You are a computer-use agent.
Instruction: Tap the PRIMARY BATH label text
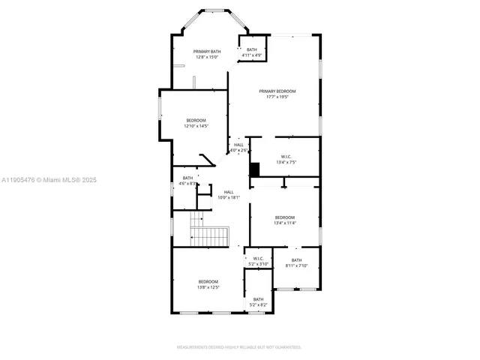pos(206,52)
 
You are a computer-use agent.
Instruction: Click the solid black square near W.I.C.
pos(254,169)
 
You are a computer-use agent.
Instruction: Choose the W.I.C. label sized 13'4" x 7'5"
pos(286,157)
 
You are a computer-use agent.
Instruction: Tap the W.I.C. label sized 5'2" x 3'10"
pos(258,259)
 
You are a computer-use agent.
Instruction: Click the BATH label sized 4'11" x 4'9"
pos(251,49)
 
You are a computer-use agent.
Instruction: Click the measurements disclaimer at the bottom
pos(239,347)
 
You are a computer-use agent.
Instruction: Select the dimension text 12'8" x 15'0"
pos(206,58)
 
